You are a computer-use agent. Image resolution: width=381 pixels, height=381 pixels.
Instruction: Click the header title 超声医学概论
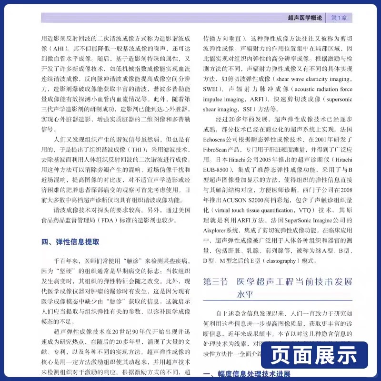(x=305, y=18)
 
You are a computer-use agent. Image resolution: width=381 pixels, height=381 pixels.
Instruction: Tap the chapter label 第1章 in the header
(x=339, y=18)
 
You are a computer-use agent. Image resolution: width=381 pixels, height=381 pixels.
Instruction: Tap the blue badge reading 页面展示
(x=315, y=355)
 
